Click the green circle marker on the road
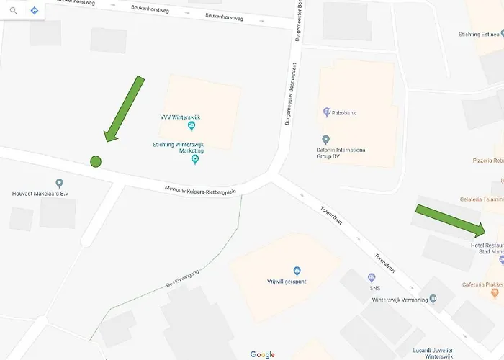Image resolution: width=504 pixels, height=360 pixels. tap(95, 161)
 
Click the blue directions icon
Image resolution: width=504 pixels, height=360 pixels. tap(35, 11)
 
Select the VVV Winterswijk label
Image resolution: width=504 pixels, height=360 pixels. tap(180, 117)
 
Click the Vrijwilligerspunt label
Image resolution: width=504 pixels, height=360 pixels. tap(287, 281)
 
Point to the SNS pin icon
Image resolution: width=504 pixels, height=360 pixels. tap(372, 277)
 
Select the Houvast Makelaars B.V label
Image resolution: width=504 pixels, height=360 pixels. tap(40, 193)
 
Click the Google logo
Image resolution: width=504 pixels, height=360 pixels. tap(263, 354)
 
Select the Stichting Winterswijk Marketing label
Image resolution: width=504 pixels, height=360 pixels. tap(179, 148)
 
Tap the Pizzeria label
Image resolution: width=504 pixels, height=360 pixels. tap(487, 161)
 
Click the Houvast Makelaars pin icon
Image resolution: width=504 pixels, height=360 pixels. tap(60, 183)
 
